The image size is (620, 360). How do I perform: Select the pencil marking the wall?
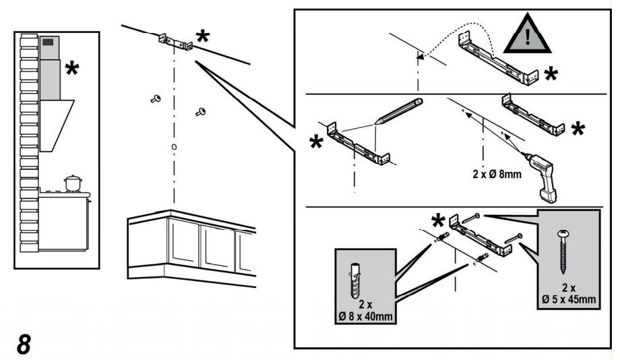399,111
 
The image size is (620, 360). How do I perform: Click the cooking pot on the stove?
72,183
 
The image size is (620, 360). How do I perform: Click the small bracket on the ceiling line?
176,42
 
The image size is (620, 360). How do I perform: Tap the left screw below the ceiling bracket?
156,99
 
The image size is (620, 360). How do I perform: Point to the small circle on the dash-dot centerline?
175,147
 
